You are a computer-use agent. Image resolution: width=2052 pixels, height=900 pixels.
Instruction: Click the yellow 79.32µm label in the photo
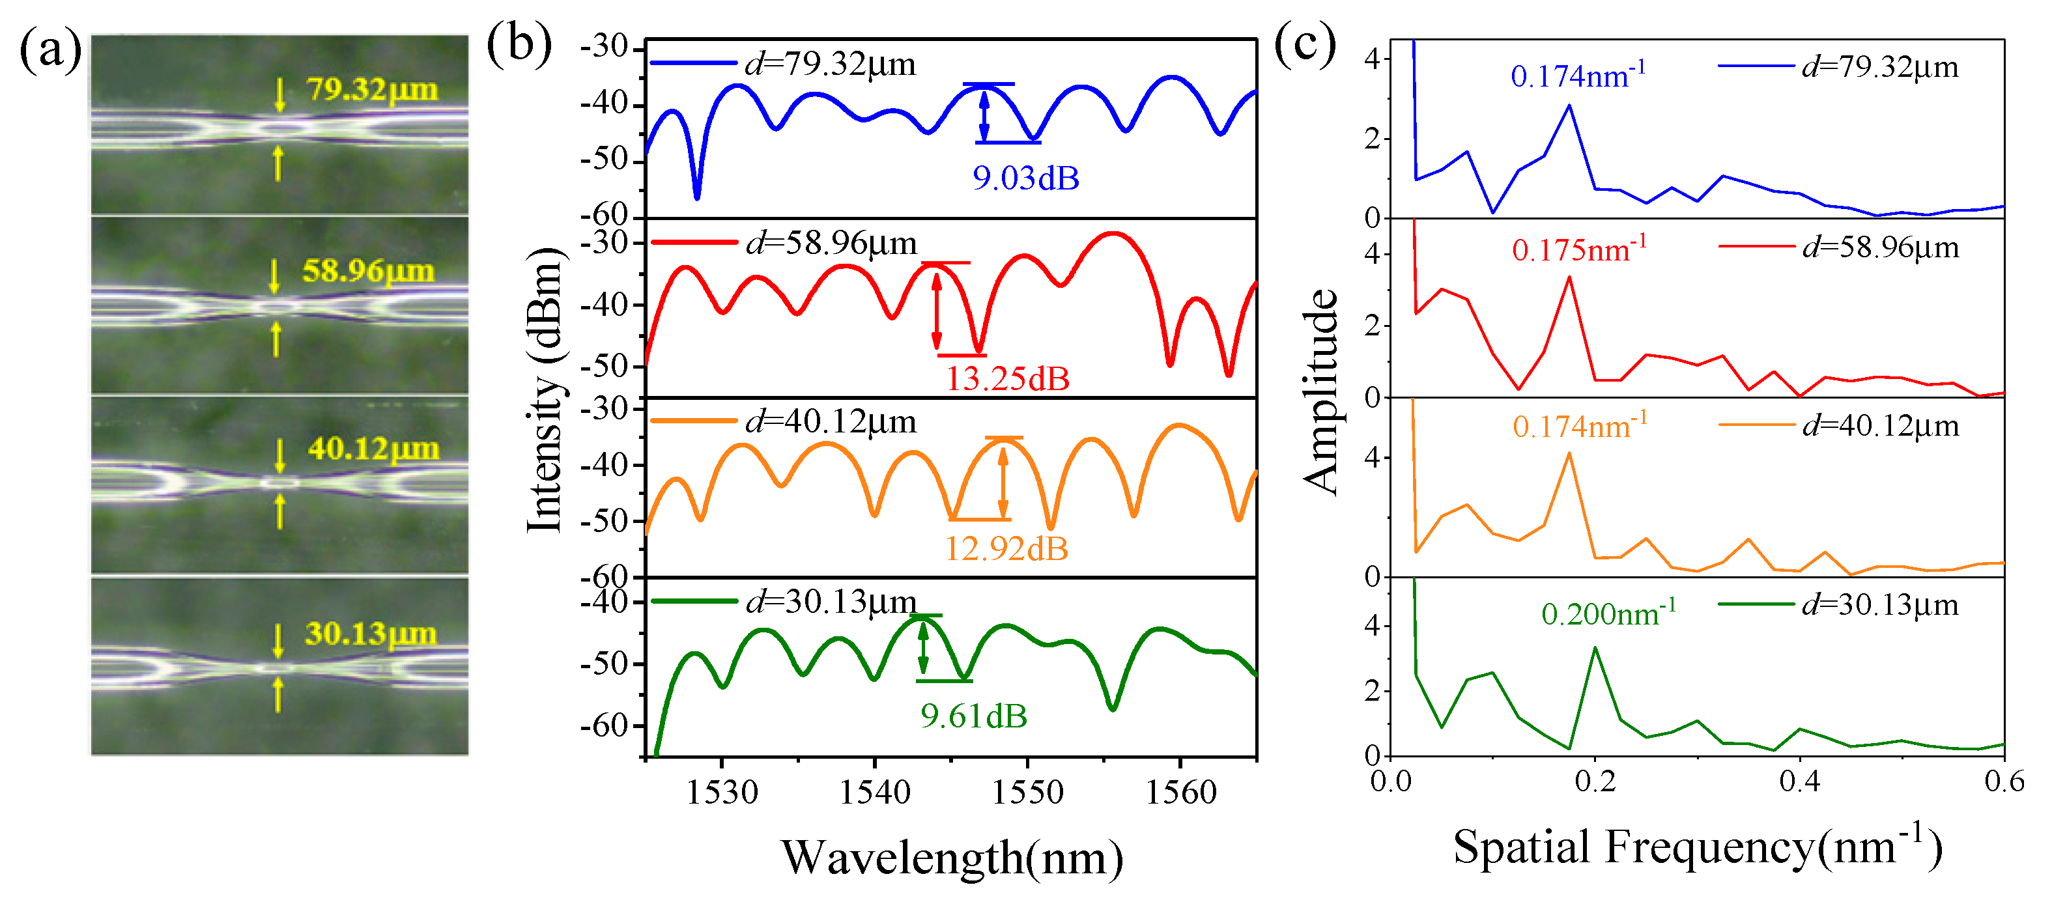[372, 89]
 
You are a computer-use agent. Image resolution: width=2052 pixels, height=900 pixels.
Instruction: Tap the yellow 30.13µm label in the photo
[371, 634]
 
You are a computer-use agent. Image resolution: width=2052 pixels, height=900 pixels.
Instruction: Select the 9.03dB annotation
[1025, 178]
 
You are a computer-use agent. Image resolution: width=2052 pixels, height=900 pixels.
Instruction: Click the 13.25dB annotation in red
[1007, 379]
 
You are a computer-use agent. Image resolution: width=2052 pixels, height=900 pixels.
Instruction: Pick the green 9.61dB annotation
[973, 716]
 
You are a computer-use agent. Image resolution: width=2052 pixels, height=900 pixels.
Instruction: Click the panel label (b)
[519, 44]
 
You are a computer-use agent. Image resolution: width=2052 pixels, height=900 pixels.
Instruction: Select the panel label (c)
[1304, 44]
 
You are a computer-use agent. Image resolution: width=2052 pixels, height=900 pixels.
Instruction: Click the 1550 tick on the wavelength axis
[1027, 793]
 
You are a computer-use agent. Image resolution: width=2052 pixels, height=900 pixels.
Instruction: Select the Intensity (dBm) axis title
[546, 390]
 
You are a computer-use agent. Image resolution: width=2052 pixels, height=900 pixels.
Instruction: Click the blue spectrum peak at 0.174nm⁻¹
[1569, 105]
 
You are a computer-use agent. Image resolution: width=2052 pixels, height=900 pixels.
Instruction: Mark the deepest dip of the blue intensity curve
[697, 196]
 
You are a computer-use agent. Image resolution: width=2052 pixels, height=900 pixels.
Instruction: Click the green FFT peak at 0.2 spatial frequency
[1595, 649]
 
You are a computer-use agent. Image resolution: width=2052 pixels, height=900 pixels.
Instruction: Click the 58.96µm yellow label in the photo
[368, 271]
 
